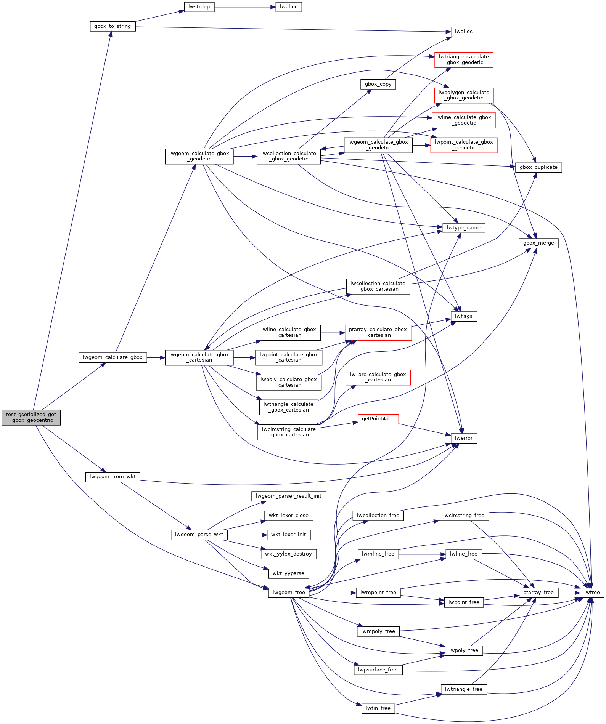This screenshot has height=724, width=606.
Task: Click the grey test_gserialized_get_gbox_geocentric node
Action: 31,417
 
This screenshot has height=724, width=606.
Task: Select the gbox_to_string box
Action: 113,26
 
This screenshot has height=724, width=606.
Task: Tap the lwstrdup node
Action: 199,7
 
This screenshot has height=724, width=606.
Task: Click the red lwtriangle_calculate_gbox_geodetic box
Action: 464,60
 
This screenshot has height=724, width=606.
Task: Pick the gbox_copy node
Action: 378,84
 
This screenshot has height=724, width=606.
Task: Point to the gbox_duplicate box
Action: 538,167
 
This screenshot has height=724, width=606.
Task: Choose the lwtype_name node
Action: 463,228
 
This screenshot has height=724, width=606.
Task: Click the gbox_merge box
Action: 538,243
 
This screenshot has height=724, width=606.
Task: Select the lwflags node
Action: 463,316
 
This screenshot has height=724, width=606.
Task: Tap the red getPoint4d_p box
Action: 378,419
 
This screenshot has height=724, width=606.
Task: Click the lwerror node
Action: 463,438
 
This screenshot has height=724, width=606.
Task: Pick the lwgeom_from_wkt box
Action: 113,477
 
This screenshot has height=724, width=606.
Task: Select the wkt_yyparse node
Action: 288,573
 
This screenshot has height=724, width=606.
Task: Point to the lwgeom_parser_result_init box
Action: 288,496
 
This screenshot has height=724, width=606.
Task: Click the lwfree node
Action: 592,593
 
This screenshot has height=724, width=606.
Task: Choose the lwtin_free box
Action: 378,708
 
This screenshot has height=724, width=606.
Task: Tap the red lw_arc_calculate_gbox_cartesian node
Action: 378,377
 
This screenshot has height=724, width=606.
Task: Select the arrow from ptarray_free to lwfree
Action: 569,593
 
